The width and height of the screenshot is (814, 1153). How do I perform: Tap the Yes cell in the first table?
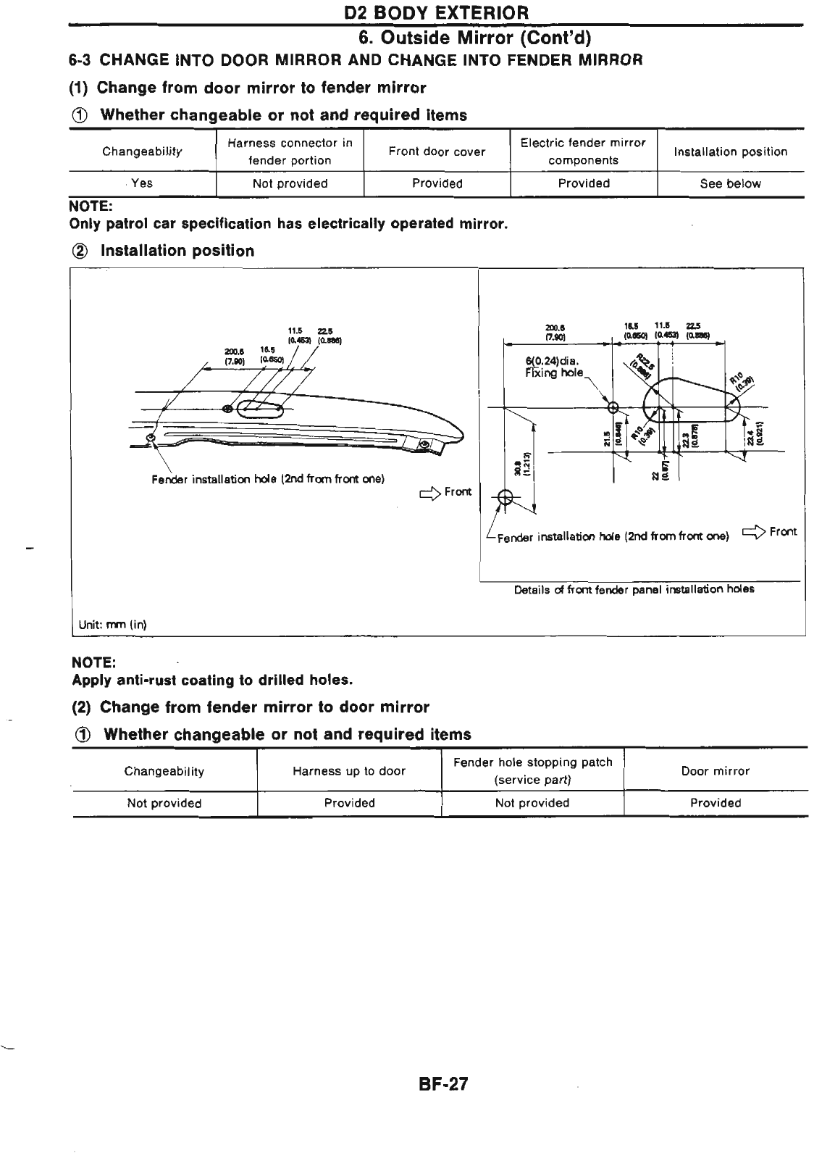(x=142, y=183)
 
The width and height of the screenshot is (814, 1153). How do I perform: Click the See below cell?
(x=730, y=183)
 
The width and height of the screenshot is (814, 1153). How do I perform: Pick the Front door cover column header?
(x=437, y=151)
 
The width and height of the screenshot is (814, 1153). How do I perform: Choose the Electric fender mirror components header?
(x=583, y=151)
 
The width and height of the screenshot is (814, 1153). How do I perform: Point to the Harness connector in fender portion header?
(x=290, y=151)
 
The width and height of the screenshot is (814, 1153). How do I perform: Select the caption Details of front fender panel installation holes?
(x=634, y=589)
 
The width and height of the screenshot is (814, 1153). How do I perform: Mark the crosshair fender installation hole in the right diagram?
(x=505, y=498)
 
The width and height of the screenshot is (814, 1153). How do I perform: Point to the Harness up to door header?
(x=349, y=771)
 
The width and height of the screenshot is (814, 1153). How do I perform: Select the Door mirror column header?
(x=716, y=771)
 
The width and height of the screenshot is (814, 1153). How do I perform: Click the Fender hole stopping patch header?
(x=532, y=771)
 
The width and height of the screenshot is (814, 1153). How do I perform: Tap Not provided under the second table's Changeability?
(x=164, y=803)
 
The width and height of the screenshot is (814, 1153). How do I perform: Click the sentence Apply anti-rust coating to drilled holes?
(x=213, y=680)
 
